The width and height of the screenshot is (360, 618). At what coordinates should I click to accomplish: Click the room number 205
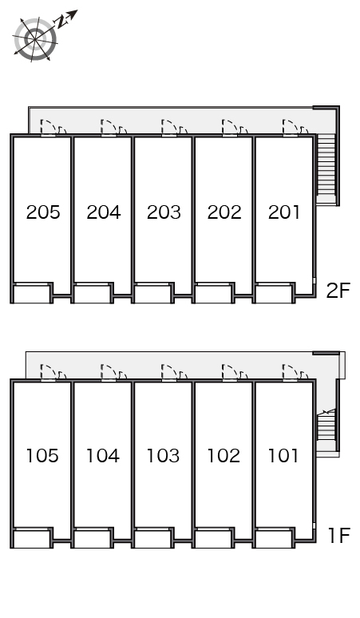tap(43, 212)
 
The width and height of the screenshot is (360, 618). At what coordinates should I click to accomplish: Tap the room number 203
tap(164, 212)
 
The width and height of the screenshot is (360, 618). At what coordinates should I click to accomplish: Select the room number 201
tap(284, 212)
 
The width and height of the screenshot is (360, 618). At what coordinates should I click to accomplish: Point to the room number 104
tap(103, 456)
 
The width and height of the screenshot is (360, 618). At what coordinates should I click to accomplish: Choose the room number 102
tap(224, 456)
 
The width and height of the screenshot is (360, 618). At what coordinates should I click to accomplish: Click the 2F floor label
tap(338, 291)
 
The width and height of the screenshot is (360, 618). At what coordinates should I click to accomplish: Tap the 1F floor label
tap(339, 535)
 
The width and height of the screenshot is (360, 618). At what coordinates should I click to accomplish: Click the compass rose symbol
tap(34, 39)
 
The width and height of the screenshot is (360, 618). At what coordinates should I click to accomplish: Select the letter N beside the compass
tap(61, 22)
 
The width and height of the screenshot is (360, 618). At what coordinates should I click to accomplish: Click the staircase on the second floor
tap(326, 168)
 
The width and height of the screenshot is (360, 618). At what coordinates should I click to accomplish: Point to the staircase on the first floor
tap(326, 425)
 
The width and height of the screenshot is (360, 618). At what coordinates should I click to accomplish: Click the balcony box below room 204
tap(92, 294)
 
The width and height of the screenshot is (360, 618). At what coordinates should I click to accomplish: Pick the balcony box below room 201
tap(273, 294)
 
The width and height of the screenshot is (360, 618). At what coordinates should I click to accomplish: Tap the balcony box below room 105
tap(32, 538)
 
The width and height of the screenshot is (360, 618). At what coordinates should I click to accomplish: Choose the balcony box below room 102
tap(213, 538)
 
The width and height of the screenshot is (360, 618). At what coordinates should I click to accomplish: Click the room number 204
tap(104, 212)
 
